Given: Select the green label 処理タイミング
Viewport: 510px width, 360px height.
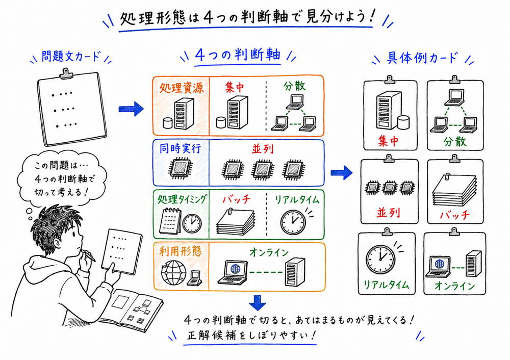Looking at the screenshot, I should pos(181,199).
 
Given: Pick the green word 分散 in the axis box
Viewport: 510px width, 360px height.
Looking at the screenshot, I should pos(294,86).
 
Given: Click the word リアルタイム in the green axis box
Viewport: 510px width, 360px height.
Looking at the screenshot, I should pos(295,199).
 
